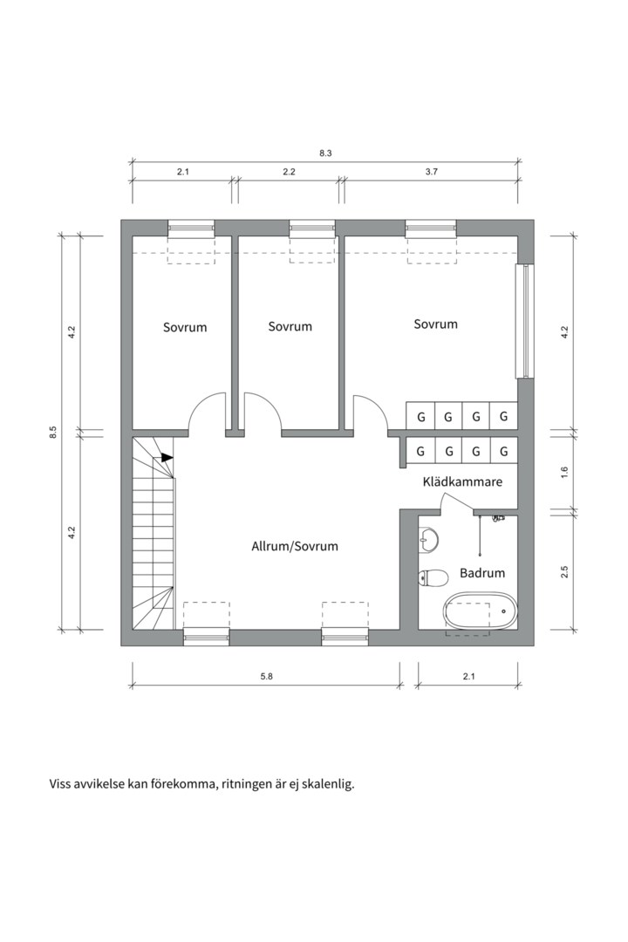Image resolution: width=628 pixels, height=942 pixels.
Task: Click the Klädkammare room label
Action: [462, 481]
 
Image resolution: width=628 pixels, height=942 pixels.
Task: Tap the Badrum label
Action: [482, 573]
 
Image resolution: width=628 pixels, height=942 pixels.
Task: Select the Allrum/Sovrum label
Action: [294, 546]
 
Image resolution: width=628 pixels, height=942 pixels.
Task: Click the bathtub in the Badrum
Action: [480, 611]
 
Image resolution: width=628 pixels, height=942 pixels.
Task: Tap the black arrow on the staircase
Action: [166, 457]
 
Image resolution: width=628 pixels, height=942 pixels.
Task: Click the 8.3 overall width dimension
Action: [325, 154]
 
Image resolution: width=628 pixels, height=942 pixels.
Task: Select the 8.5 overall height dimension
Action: [53, 432]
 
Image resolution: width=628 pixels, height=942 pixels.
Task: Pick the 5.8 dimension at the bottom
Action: [265, 677]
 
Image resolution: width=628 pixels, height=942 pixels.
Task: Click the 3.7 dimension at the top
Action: [431, 172]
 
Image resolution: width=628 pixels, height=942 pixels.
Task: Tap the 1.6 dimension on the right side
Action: [564, 471]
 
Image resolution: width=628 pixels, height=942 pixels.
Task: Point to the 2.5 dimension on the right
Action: [564, 572]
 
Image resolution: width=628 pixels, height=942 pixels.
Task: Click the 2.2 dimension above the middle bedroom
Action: [289, 172]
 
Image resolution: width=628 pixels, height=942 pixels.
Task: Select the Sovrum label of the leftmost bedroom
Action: [185, 327]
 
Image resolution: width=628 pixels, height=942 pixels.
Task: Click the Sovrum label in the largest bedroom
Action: [435, 324]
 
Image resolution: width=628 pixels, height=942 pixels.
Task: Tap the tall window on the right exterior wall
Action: [524, 319]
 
